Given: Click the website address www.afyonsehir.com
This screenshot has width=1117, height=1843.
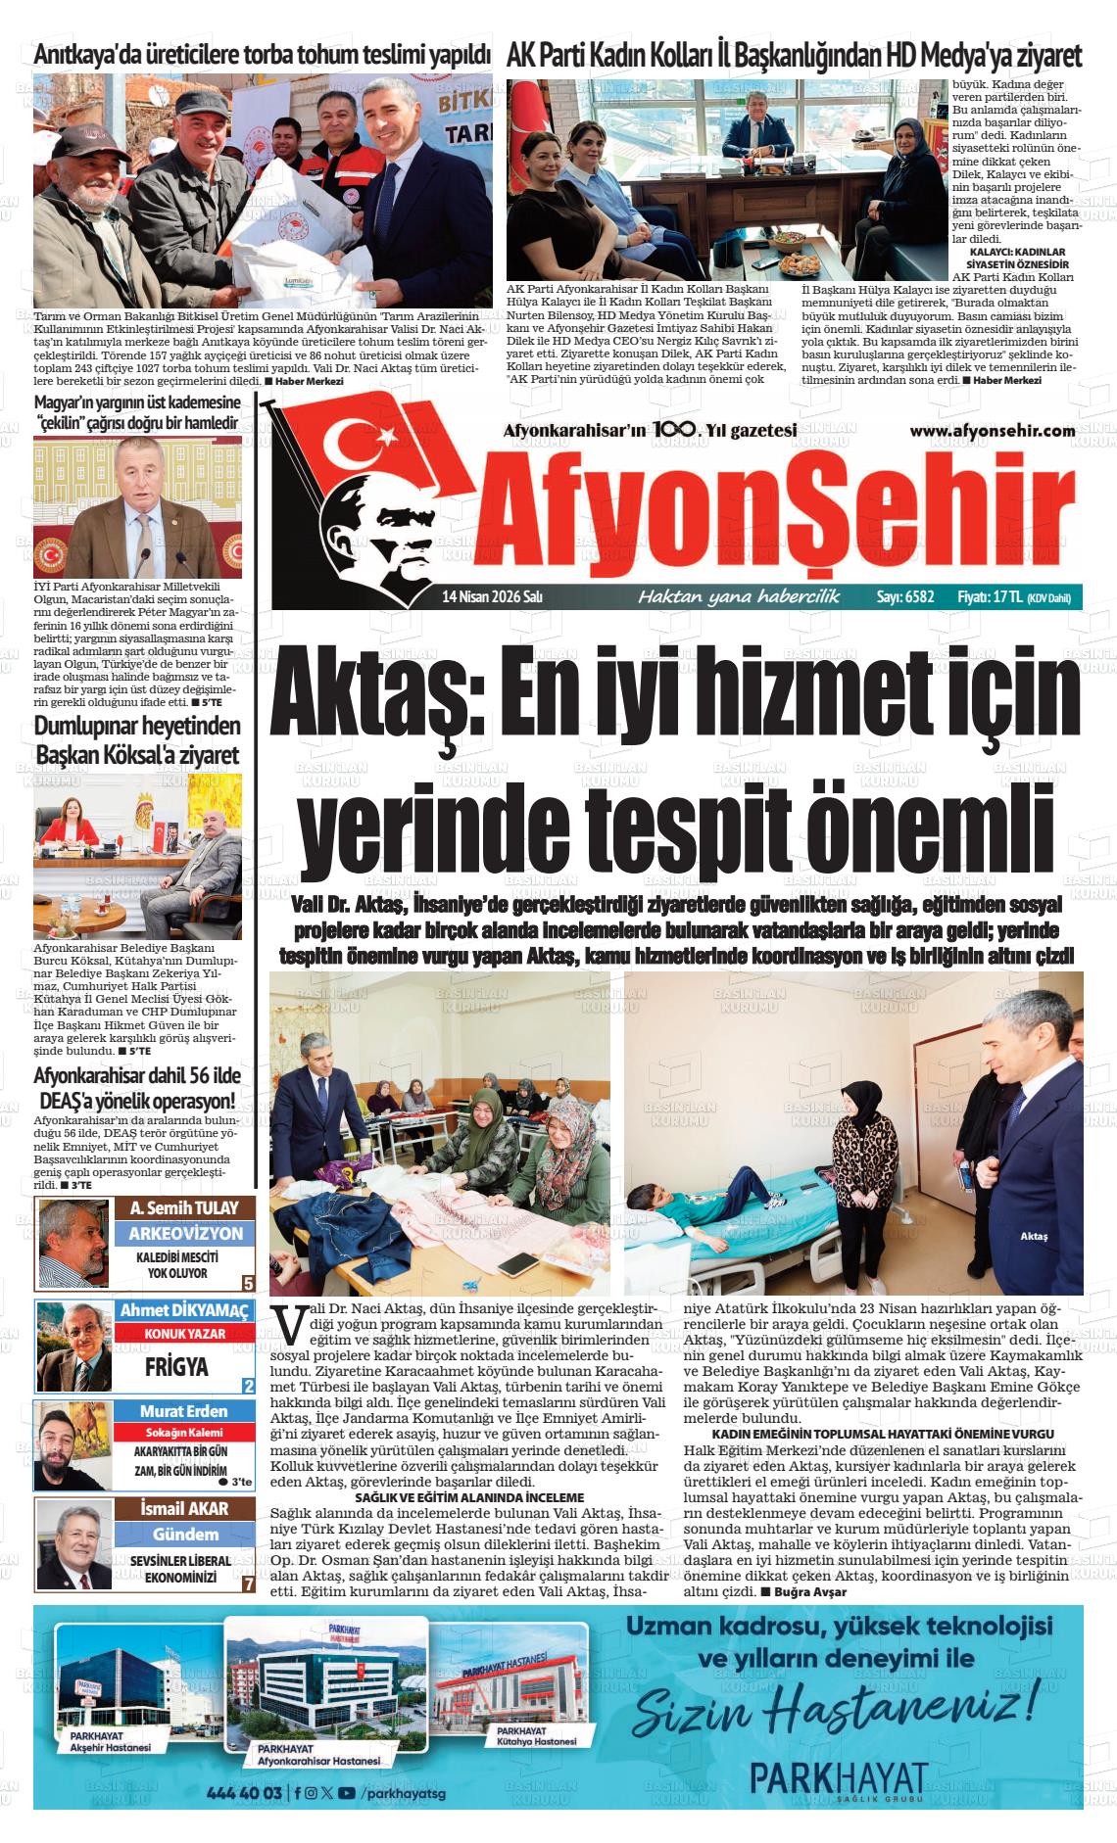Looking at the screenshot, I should coord(992,431).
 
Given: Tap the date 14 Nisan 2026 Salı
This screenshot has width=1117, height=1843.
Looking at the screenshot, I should coord(492,596).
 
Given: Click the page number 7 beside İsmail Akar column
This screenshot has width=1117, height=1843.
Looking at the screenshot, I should coord(249,1583).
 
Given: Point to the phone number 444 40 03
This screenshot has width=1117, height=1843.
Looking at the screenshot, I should coord(244,1793).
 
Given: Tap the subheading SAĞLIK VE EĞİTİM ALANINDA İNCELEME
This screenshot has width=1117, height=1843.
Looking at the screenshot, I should coord(468,1497).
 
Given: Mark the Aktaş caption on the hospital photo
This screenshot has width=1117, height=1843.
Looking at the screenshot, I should coord(1034,1236).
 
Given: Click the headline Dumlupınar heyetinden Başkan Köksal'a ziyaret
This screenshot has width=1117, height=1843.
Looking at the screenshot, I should coord(137,741).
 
